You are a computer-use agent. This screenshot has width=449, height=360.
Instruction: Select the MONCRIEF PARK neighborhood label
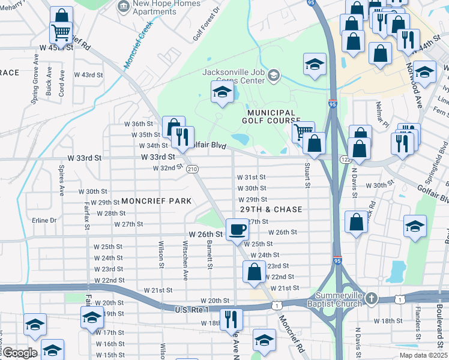click(156, 201)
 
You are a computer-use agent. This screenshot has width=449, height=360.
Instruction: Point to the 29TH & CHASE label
click(270, 209)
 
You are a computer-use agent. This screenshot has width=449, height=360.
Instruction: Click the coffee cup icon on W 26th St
click(238, 229)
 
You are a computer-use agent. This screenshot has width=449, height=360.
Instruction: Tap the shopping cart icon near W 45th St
click(61, 31)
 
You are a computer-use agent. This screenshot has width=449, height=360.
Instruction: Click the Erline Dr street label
click(44, 220)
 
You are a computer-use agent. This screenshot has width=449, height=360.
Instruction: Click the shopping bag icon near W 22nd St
click(255, 271)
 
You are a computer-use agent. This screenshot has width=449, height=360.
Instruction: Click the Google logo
click(20, 353)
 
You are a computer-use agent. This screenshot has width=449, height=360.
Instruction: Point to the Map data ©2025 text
click(423, 355)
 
